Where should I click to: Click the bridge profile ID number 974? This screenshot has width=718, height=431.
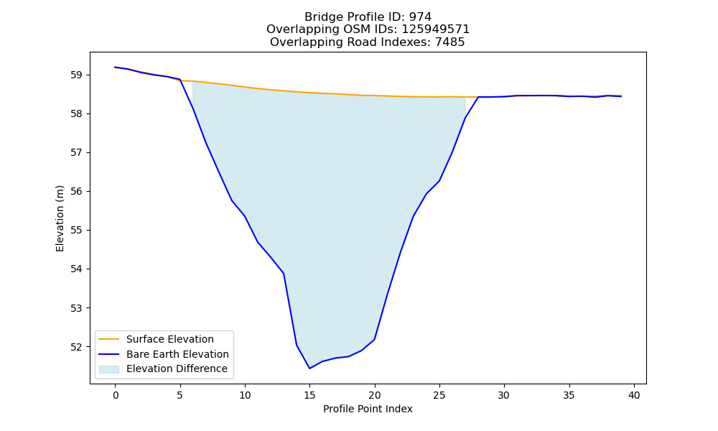[x=420, y=17]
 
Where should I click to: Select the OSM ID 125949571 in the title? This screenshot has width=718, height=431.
[x=436, y=29]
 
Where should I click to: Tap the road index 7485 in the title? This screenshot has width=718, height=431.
[x=449, y=42]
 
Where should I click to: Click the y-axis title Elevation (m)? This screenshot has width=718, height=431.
[x=60, y=218]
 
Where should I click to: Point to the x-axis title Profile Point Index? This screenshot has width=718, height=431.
[x=368, y=409]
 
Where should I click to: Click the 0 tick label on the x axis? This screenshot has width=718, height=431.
[x=116, y=395]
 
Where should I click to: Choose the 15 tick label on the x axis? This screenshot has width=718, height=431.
[x=309, y=395]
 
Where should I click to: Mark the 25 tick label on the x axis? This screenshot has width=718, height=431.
[x=439, y=395]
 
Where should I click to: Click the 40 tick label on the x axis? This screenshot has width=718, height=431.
[x=634, y=395]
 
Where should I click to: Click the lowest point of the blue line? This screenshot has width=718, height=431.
[x=309, y=369]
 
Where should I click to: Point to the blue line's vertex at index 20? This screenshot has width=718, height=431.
[x=375, y=339]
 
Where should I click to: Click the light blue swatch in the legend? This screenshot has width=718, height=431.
[x=109, y=369]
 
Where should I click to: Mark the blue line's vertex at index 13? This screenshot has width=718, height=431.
[x=284, y=274]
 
